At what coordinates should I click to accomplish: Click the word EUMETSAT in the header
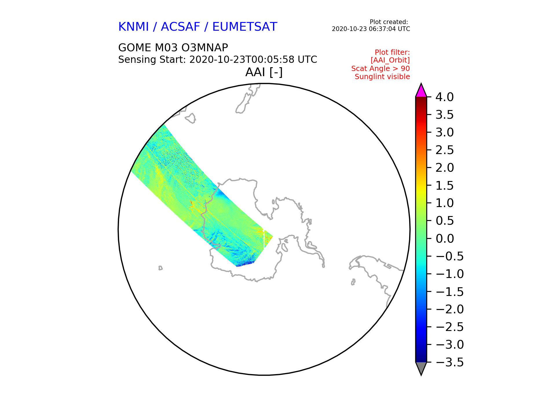point(245,27)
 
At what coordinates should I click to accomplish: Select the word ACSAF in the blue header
point(180,27)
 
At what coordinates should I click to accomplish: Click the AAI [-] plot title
point(264,72)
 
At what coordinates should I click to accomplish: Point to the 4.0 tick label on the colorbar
point(445,97)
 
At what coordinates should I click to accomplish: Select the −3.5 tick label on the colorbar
point(449,362)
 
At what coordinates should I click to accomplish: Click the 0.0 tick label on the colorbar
point(445,239)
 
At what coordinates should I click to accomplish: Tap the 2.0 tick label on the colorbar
point(445,168)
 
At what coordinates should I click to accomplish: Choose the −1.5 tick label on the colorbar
point(449,292)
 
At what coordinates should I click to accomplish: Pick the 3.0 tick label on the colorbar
point(445,132)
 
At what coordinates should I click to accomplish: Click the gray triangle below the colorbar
point(421,368)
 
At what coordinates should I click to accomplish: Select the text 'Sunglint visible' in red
point(382,77)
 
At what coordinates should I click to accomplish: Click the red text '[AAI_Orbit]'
point(390,60)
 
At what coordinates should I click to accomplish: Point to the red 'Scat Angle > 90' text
point(381,69)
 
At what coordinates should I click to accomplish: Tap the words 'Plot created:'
point(389,22)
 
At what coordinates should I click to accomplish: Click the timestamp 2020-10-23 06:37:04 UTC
point(371,29)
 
